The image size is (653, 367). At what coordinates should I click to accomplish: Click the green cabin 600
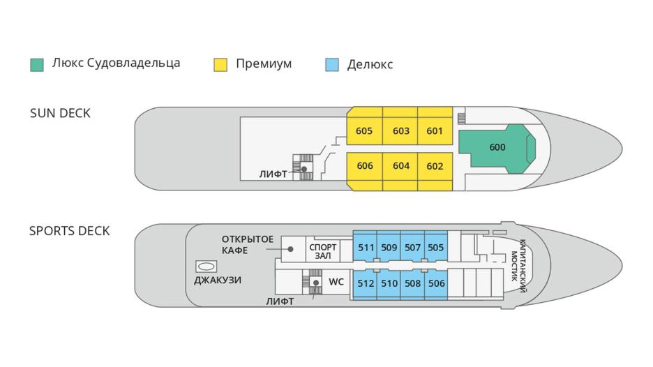click(496, 147)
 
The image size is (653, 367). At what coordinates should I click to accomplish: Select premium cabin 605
click(364, 130)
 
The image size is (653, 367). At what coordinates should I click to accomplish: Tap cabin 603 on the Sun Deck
click(400, 130)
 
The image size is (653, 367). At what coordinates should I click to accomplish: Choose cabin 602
click(435, 166)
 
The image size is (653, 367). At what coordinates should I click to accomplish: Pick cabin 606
click(364, 166)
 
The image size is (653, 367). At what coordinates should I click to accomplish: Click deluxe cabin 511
click(366, 247)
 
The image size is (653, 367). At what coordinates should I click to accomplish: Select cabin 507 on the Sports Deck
click(412, 247)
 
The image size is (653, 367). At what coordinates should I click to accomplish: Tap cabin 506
click(436, 283)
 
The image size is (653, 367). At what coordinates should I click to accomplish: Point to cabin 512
click(366, 283)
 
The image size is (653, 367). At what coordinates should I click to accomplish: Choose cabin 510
click(389, 283)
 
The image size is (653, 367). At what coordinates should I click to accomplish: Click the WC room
click(336, 283)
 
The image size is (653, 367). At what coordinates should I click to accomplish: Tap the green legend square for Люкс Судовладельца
click(37, 64)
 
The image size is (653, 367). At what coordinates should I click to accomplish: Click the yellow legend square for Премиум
click(220, 64)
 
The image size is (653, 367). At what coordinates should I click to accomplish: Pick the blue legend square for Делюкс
click(332, 64)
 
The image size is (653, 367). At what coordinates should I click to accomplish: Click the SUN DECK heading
click(60, 113)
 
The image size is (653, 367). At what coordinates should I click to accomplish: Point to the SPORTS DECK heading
click(69, 231)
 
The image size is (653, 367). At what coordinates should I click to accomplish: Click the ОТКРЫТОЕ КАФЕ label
click(248, 245)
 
